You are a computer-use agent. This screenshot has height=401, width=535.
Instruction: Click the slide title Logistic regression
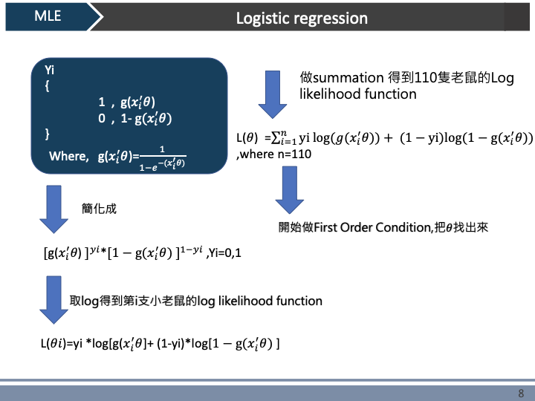point(302,18)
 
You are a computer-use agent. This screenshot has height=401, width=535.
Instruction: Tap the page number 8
point(521,393)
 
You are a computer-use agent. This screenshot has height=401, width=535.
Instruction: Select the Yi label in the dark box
point(50,70)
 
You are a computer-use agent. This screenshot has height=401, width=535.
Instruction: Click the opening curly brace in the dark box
point(47,86)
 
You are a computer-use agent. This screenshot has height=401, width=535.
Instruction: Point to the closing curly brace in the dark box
point(47,134)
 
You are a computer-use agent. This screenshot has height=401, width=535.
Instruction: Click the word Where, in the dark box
point(68,156)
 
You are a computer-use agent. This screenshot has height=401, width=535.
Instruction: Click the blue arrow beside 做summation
point(273,93)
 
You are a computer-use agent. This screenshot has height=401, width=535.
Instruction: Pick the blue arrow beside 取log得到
point(53,299)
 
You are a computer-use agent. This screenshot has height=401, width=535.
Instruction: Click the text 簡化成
point(99,209)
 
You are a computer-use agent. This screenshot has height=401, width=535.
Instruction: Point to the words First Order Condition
point(372,227)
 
